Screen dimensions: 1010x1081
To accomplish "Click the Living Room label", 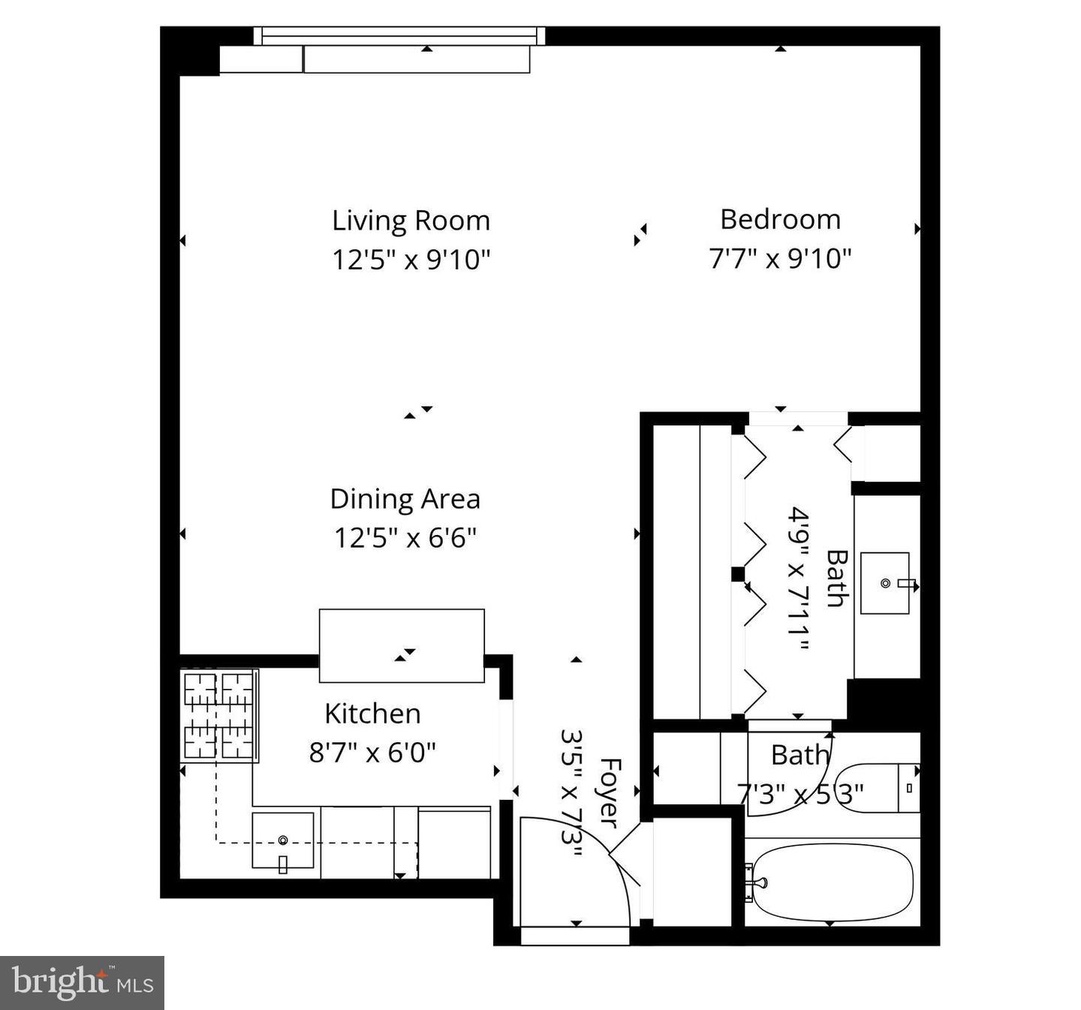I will pyautogui.click(x=411, y=221).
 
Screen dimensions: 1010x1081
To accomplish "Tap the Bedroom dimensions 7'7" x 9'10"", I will pyautogui.click(x=780, y=259).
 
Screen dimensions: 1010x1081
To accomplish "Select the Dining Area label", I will pyautogui.click(x=405, y=499).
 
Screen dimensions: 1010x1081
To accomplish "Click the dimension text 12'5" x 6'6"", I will pyautogui.click(x=405, y=538).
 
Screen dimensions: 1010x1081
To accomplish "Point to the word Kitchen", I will pyautogui.click(x=372, y=713).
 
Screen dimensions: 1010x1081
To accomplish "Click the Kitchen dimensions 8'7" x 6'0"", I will pyautogui.click(x=372, y=751).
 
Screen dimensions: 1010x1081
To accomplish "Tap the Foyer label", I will pyautogui.click(x=609, y=792).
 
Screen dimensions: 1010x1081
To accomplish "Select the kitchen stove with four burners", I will pyautogui.click(x=219, y=715).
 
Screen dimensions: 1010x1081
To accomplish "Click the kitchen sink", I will pyautogui.click(x=283, y=840).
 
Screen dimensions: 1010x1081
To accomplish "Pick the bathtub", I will pyautogui.click(x=832, y=882).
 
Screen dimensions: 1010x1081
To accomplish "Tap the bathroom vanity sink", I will pyautogui.click(x=885, y=583).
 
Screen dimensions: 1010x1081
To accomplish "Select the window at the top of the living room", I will pyautogui.click(x=399, y=35).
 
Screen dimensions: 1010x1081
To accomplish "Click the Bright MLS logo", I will pyautogui.click(x=82, y=982).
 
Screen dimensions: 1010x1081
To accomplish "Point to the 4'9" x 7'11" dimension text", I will pyautogui.click(x=799, y=579).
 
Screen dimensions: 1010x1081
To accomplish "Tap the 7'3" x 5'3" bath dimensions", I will pyautogui.click(x=800, y=793).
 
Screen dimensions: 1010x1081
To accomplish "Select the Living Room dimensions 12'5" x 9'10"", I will pyautogui.click(x=411, y=260).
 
